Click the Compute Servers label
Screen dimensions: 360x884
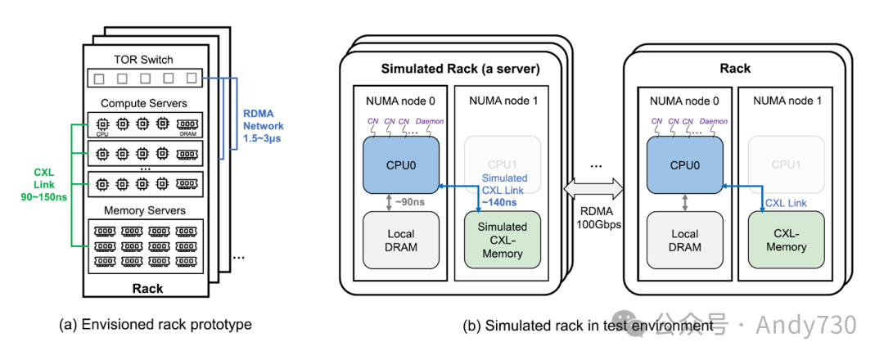[x=143, y=104]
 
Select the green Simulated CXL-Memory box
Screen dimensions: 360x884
[x=503, y=238]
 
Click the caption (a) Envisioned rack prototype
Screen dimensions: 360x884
[x=155, y=324]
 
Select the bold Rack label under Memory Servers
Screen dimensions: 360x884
[x=147, y=288]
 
